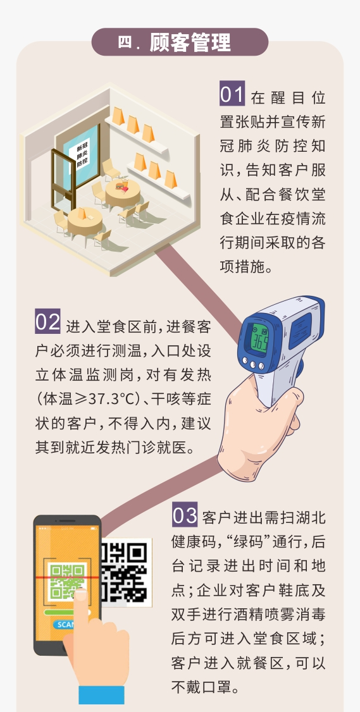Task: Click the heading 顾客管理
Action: pyautogui.click(x=190, y=42)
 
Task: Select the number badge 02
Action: pyautogui.click(x=47, y=321)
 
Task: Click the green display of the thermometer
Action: pyautogui.click(x=260, y=338)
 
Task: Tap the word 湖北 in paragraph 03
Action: pyautogui.click(x=310, y=518)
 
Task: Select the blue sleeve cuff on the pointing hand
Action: pyautogui.click(x=101, y=695)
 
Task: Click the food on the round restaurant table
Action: pyautogui.click(x=121, y=185)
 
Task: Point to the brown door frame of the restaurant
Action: pyautogui.click(x=61, y=181)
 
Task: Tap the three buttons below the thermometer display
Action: pyautogui.click(x=252, y=363)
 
